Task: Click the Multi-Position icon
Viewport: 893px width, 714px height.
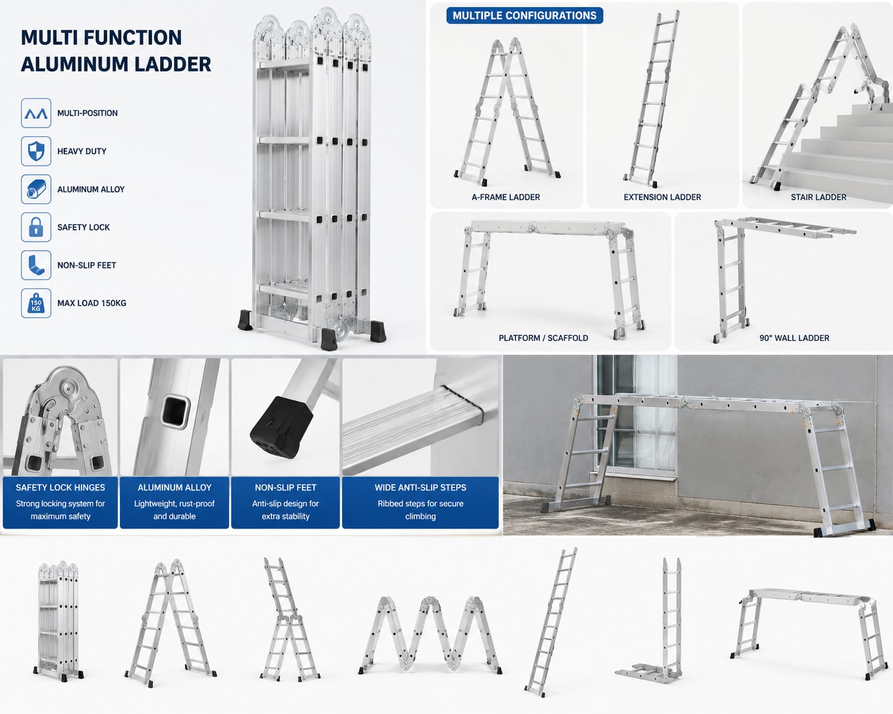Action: (36, 113)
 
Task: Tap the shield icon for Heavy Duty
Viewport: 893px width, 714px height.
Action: (36, 151)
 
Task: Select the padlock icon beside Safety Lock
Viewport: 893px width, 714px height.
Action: (36, 227)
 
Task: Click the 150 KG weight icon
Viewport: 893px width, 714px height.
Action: (36, 303)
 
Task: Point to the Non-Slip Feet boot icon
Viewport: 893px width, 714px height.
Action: (36, 265)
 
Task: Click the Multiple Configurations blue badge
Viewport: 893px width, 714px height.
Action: (524, 16)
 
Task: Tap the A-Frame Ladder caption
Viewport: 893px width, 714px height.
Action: (506, 197)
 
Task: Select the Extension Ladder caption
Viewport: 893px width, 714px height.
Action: (662, 197)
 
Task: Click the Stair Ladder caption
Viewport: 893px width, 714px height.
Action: (818, 197)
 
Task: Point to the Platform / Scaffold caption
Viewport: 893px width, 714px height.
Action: (543, 338)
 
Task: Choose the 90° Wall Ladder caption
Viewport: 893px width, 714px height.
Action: (794, 338)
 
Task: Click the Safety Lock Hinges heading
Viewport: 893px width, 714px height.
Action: (61, 487)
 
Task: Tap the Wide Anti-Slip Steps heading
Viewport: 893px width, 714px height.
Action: (420, 487)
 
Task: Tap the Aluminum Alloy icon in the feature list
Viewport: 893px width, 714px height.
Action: (36, 190)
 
